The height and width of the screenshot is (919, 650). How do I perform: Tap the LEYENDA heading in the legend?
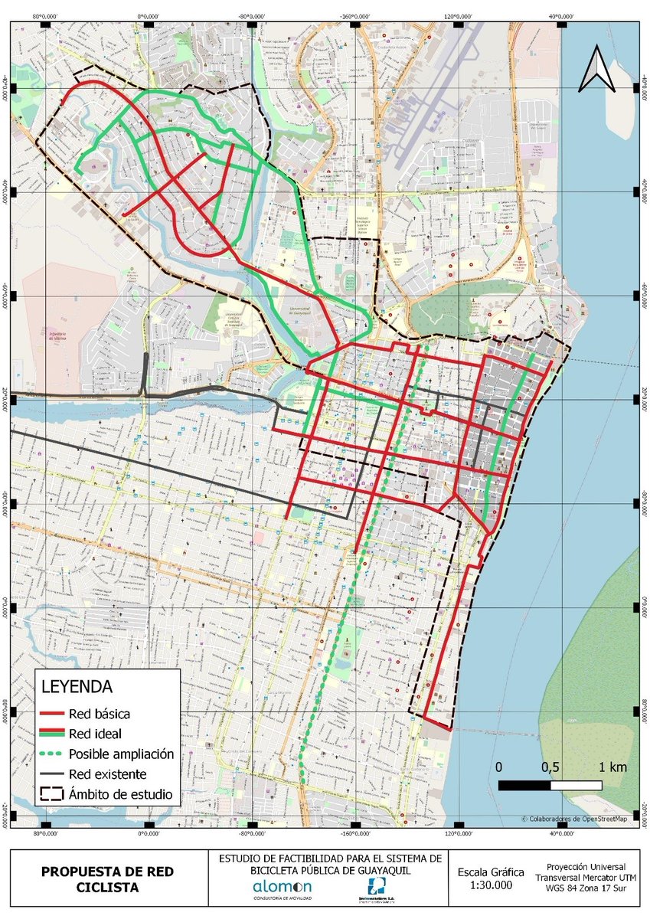coord(77,685)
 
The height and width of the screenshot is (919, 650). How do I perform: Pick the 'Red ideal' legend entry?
coord(94,734)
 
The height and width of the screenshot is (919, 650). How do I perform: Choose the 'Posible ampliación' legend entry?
coord(121,754)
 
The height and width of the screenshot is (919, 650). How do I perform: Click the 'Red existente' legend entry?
coord(107,773)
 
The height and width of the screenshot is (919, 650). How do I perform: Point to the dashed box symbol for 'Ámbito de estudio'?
coord(51,793)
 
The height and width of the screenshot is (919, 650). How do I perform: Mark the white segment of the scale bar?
coord(576,785)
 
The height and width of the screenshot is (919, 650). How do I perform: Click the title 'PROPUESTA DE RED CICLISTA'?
coord(107,879)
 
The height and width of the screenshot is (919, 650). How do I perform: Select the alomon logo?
coord(282,888)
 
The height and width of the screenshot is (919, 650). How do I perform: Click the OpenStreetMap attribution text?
coord(574,819)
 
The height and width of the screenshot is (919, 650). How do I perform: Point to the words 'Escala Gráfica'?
coord(491,872)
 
